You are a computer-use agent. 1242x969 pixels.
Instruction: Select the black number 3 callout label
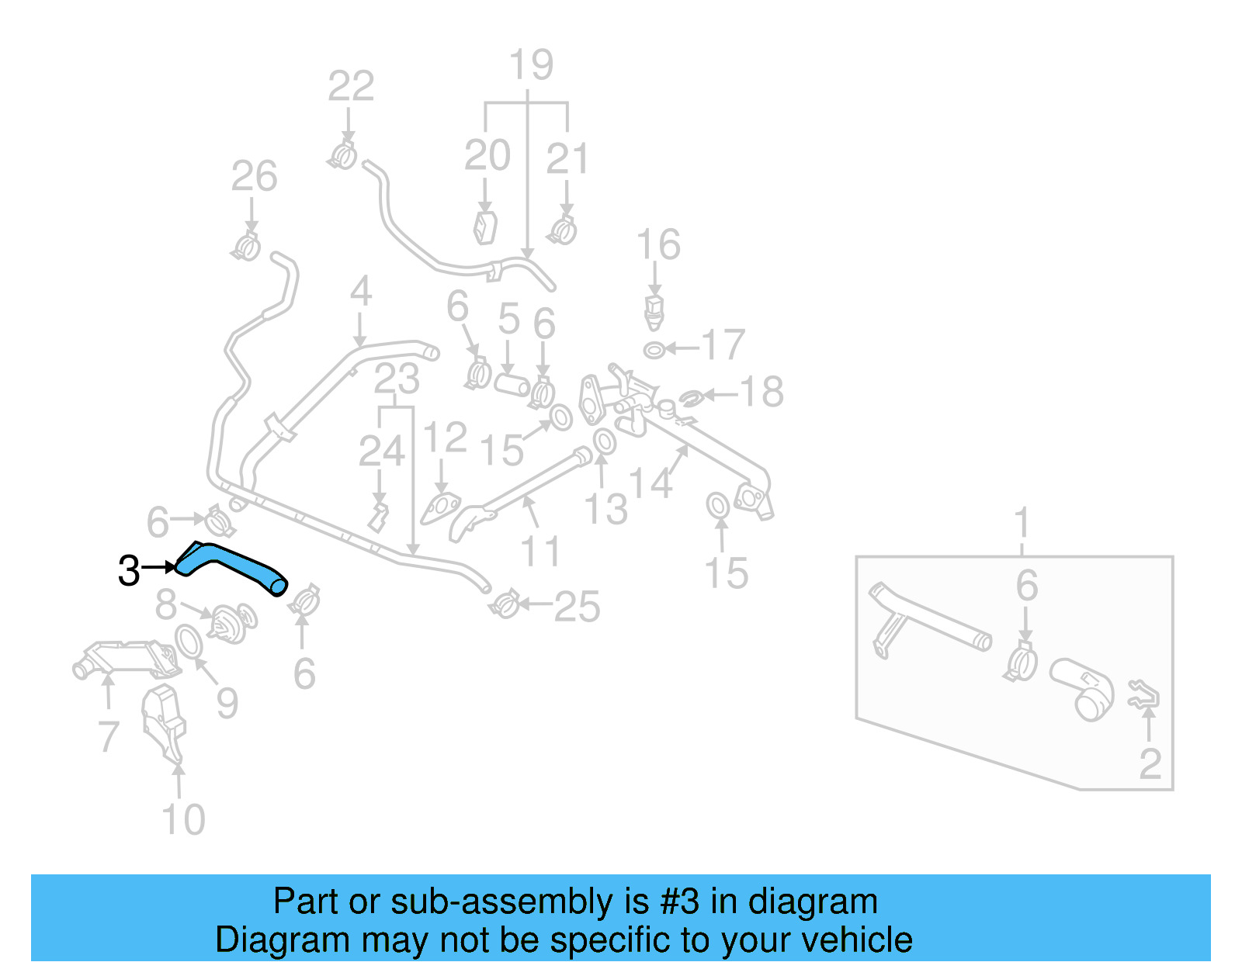129,571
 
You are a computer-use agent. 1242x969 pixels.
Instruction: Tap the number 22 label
351,86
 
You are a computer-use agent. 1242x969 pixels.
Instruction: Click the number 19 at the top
531,65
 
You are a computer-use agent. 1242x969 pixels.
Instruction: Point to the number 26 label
254,177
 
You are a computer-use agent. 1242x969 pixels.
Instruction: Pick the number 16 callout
658,245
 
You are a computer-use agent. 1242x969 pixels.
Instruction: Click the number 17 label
723,345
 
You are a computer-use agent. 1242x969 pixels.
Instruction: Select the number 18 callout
762,392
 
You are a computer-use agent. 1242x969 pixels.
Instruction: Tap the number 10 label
183,819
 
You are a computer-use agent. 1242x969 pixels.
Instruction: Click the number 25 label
577,607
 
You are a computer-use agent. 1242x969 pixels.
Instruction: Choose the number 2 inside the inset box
1150,764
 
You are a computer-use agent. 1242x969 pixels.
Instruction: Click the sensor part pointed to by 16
654,310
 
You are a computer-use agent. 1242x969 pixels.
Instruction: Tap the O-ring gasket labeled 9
187,642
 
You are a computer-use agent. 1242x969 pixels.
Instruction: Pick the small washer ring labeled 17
654,351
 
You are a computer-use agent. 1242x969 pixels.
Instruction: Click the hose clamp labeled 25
505,604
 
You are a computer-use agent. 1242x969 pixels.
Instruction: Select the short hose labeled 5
512,384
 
